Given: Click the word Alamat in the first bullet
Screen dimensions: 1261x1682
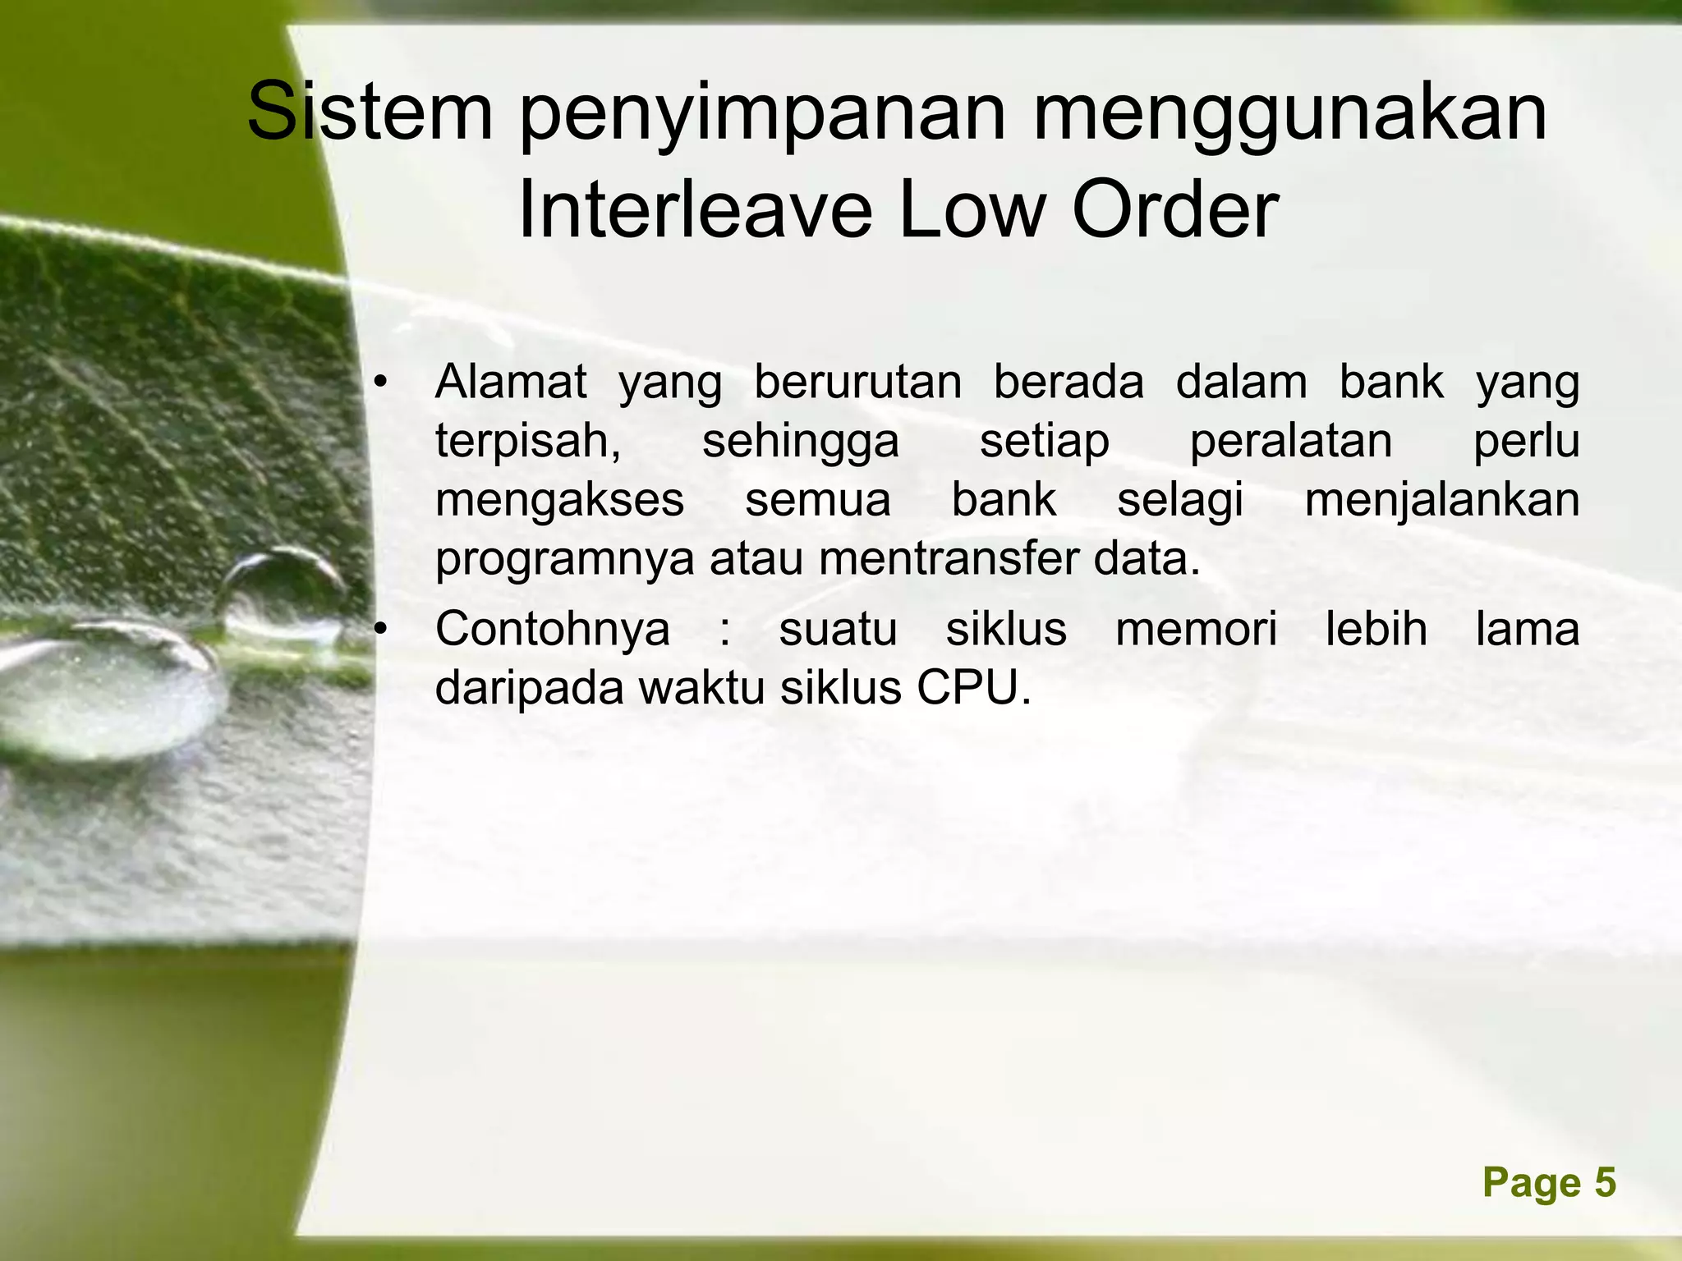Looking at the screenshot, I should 511,382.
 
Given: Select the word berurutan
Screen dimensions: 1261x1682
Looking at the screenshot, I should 857,382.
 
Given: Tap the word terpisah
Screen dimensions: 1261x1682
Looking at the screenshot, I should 527,442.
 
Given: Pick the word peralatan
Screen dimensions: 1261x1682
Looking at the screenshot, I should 1290,442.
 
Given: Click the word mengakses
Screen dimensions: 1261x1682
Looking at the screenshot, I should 559,500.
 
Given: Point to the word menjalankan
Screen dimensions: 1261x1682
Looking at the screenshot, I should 1441,502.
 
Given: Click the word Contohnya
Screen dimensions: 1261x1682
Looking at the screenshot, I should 552,630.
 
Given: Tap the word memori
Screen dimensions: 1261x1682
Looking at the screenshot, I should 1196,630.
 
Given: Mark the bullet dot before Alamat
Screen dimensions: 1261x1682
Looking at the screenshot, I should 379,383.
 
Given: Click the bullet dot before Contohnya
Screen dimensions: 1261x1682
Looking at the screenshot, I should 379,630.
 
